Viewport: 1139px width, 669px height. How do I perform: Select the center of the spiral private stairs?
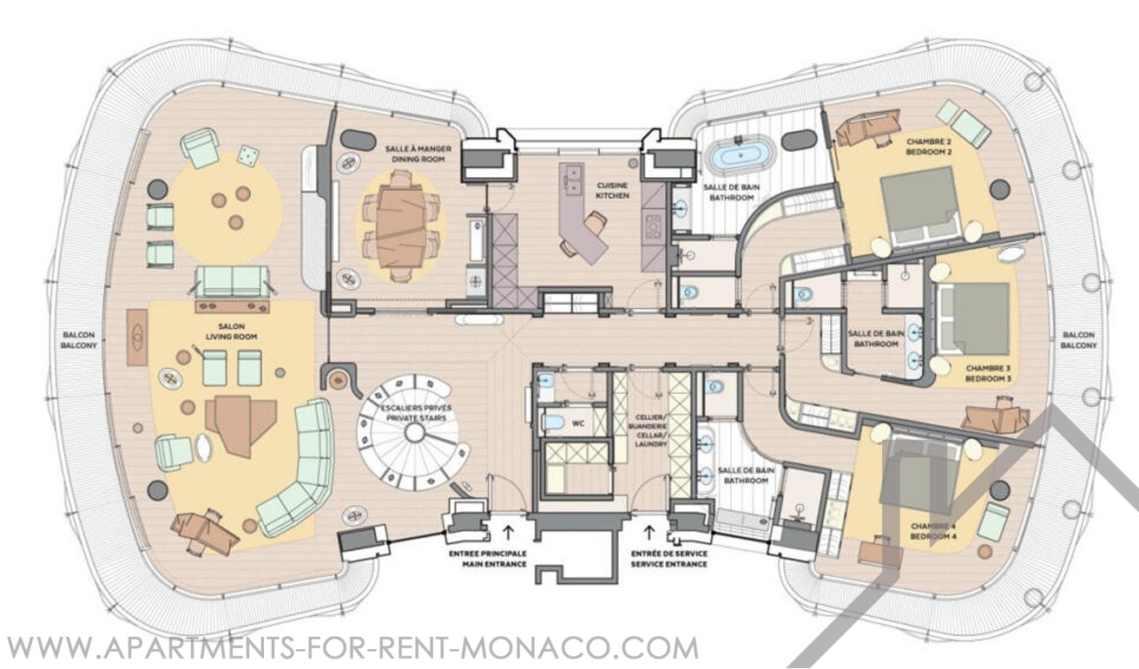[x=415, y=433]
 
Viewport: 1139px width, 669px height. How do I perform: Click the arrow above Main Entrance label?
[x=508, y=532]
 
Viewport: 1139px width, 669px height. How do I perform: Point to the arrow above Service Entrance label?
[x=649, y=532]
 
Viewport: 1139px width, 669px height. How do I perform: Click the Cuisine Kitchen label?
[x=612, y=191]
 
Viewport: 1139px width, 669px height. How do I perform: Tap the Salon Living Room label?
[x=231, y=331]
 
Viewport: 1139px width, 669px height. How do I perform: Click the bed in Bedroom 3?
[x=973, y=318]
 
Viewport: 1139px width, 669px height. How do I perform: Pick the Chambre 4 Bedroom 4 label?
[x=933, y=531]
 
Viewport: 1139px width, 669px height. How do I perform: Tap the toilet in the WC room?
[x=553, y=423]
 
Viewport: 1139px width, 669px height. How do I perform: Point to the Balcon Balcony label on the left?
[x=79, y=340]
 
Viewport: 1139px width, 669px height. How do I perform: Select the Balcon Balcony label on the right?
[x=1078, y=340]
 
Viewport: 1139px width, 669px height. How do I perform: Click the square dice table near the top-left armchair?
[x=248, y=155]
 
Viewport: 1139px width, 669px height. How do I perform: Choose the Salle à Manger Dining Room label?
[x=418, y=154]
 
